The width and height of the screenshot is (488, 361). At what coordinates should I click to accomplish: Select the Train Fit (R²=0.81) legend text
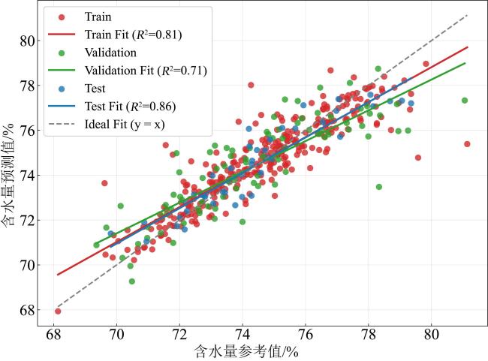133,35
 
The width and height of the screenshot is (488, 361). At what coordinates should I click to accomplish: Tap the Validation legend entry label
110,53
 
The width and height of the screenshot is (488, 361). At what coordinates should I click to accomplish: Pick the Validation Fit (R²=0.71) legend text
146,71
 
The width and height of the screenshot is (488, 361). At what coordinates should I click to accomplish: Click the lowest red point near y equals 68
58,311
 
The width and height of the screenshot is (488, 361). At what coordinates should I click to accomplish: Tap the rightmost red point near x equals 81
467,144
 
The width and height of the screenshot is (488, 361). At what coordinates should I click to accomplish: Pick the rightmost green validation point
465,101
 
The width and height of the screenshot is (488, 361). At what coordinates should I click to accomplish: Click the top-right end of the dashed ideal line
467,15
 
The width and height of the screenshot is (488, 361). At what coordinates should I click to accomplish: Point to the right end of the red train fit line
467,47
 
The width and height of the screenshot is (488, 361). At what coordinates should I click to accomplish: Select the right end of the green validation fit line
465,63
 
